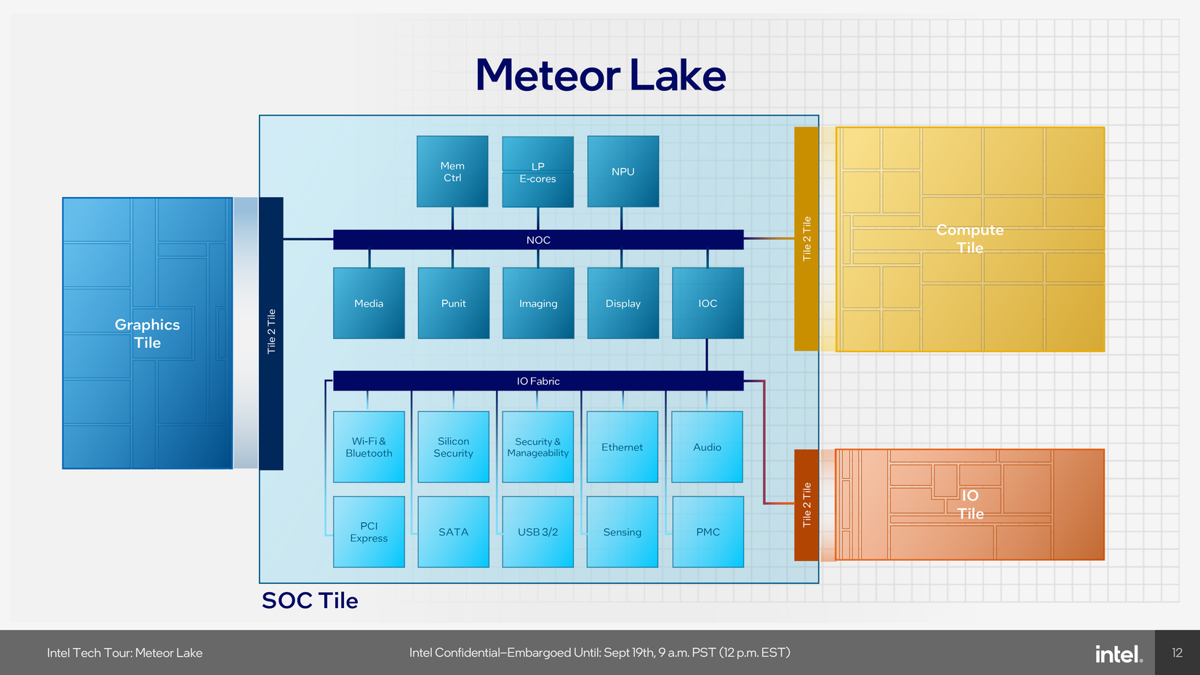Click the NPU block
(623, 172)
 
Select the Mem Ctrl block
(452, 172)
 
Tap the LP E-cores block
(538, 172)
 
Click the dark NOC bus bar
(538, 239)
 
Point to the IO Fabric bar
(538, 381)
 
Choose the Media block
(369, 303)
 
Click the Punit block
(453, 303)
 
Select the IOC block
(708, 303)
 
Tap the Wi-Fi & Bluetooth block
(369, 447)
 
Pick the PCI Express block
(369, 532)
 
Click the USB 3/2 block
(538, 532)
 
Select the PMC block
(708, 532)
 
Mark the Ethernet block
(623, 447)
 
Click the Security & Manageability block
(538, 447)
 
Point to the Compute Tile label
(969, 239)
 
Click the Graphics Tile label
(148, 333)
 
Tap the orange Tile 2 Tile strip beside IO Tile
(807, 505)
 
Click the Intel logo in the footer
(1119, 654)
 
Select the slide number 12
(1177, 652)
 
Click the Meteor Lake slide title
(601, 75)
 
